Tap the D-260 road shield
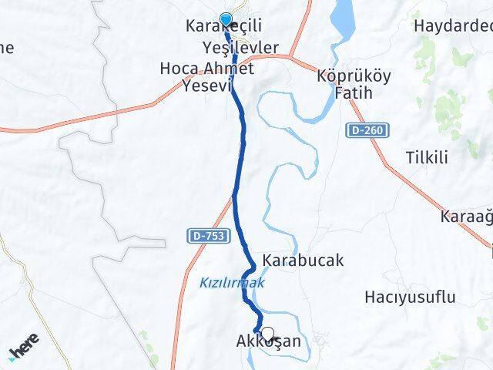pos(369,131)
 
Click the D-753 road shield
pos(203,234)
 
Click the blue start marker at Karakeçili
pos(226,20)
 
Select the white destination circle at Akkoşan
pos(268,334)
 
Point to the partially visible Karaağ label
pos(467,217)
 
